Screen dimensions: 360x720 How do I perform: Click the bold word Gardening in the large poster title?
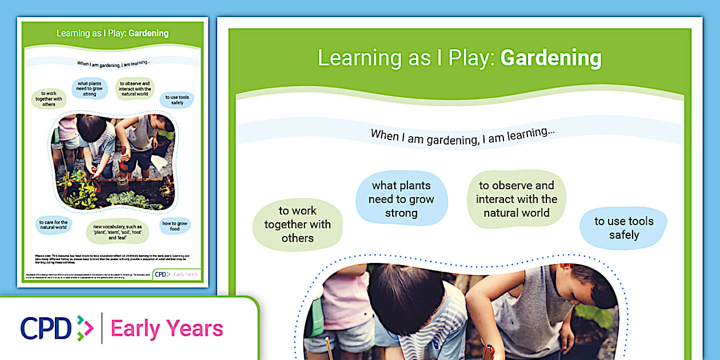pyautogui.click(x=551, y=58)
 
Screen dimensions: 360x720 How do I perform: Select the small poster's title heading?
pyautogui.click(x=113, y=33)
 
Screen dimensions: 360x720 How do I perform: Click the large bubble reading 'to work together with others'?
pyautogui.click(x=297, y=225)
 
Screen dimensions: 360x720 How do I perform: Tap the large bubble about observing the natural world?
pyautogui.click(x=516, y=199)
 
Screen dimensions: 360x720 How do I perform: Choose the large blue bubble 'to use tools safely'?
pyautogui.click(x=623, y=228)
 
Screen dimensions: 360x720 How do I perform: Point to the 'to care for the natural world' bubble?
pyautogui.click(x=53, y=225)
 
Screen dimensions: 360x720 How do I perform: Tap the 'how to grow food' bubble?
pyautogui.click(x=175, y=226)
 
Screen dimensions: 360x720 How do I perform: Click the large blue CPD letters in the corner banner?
pyautogui.click(x=45, y=329)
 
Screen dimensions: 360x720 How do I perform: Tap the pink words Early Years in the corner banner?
pyautogui.click(x=167, y=329)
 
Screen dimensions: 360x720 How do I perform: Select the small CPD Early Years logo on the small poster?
pyautogui.click(x=177, y=274)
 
